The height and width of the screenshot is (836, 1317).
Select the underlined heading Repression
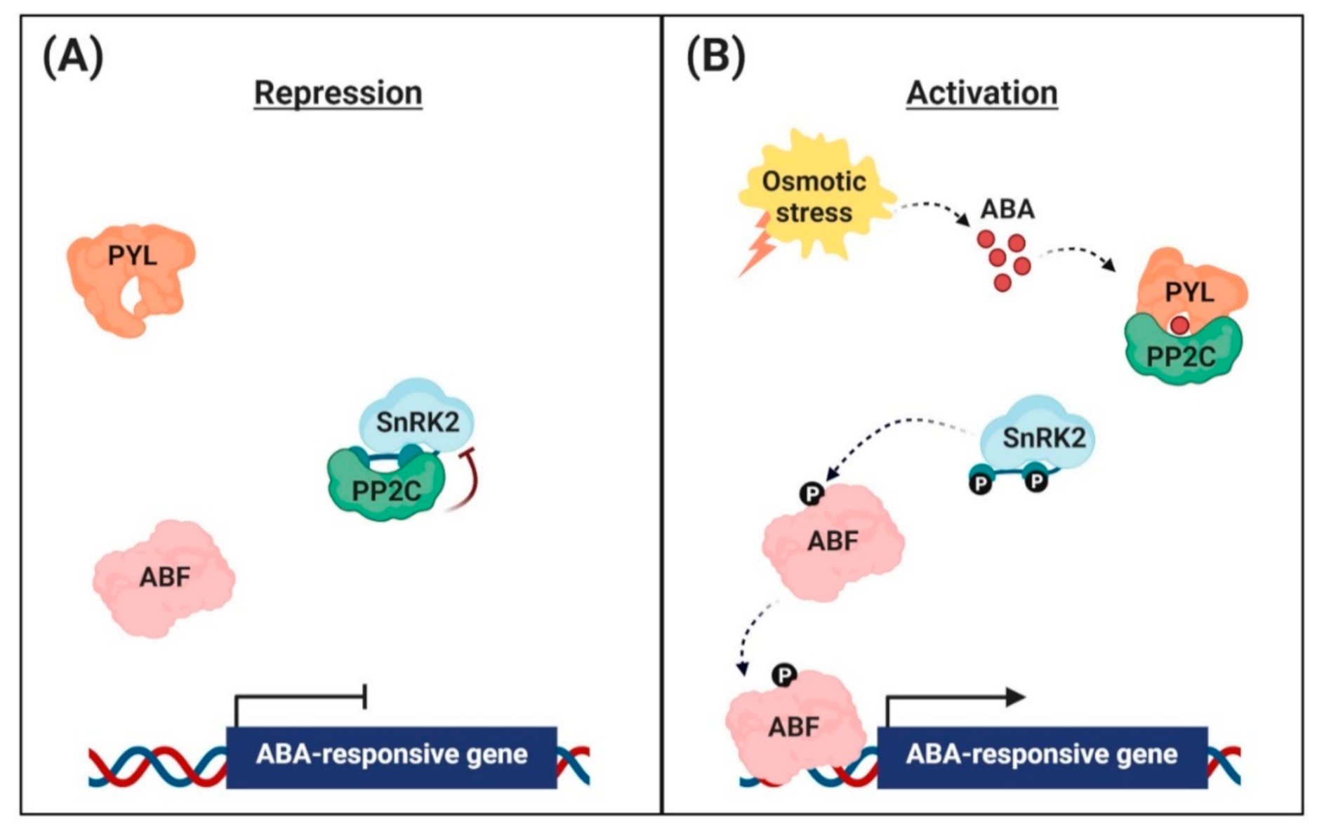tap(338, 93)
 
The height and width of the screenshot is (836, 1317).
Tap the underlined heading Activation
tap(981, 93)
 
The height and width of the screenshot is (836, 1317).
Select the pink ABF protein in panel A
tap(164, 578)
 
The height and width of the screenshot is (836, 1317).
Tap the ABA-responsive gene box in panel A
tap(391, 757)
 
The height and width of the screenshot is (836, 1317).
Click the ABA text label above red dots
tap(1007, 209)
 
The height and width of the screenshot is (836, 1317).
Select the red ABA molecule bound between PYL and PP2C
tap(1179, 325)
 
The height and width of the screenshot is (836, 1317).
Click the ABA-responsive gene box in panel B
tap(1042, 757)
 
